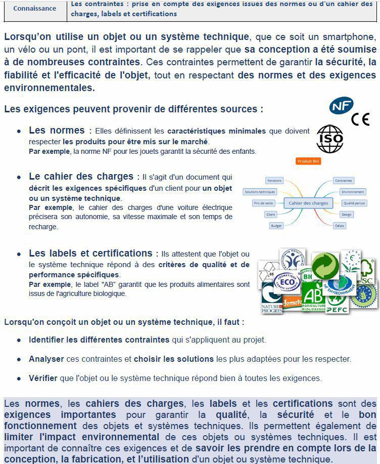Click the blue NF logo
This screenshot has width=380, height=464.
[x=341, y=106]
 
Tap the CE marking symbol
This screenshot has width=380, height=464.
[x=360, y=119]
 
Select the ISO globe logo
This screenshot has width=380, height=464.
[x=329, y=139]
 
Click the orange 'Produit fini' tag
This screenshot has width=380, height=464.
[x=308, y=161]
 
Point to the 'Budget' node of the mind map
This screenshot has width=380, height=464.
[x=275, y=226]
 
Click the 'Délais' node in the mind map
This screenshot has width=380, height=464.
[x=340, y=226]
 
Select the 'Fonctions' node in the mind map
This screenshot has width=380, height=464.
[x=274, y=181]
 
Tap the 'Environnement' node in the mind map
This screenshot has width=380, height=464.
[x=352, y=192]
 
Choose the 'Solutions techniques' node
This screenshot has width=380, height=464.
[x=260, y=192]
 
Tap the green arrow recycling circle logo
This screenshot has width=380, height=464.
[x=324, y=266]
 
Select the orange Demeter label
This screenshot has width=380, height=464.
[x=292, y=303]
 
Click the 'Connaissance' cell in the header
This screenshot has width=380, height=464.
[x=35, y=9]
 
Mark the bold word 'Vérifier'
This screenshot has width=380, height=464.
[x=43, y=378]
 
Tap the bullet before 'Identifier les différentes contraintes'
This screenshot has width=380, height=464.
[x=19, y=340]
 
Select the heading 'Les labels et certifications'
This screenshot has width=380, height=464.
[x=90, y=253]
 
